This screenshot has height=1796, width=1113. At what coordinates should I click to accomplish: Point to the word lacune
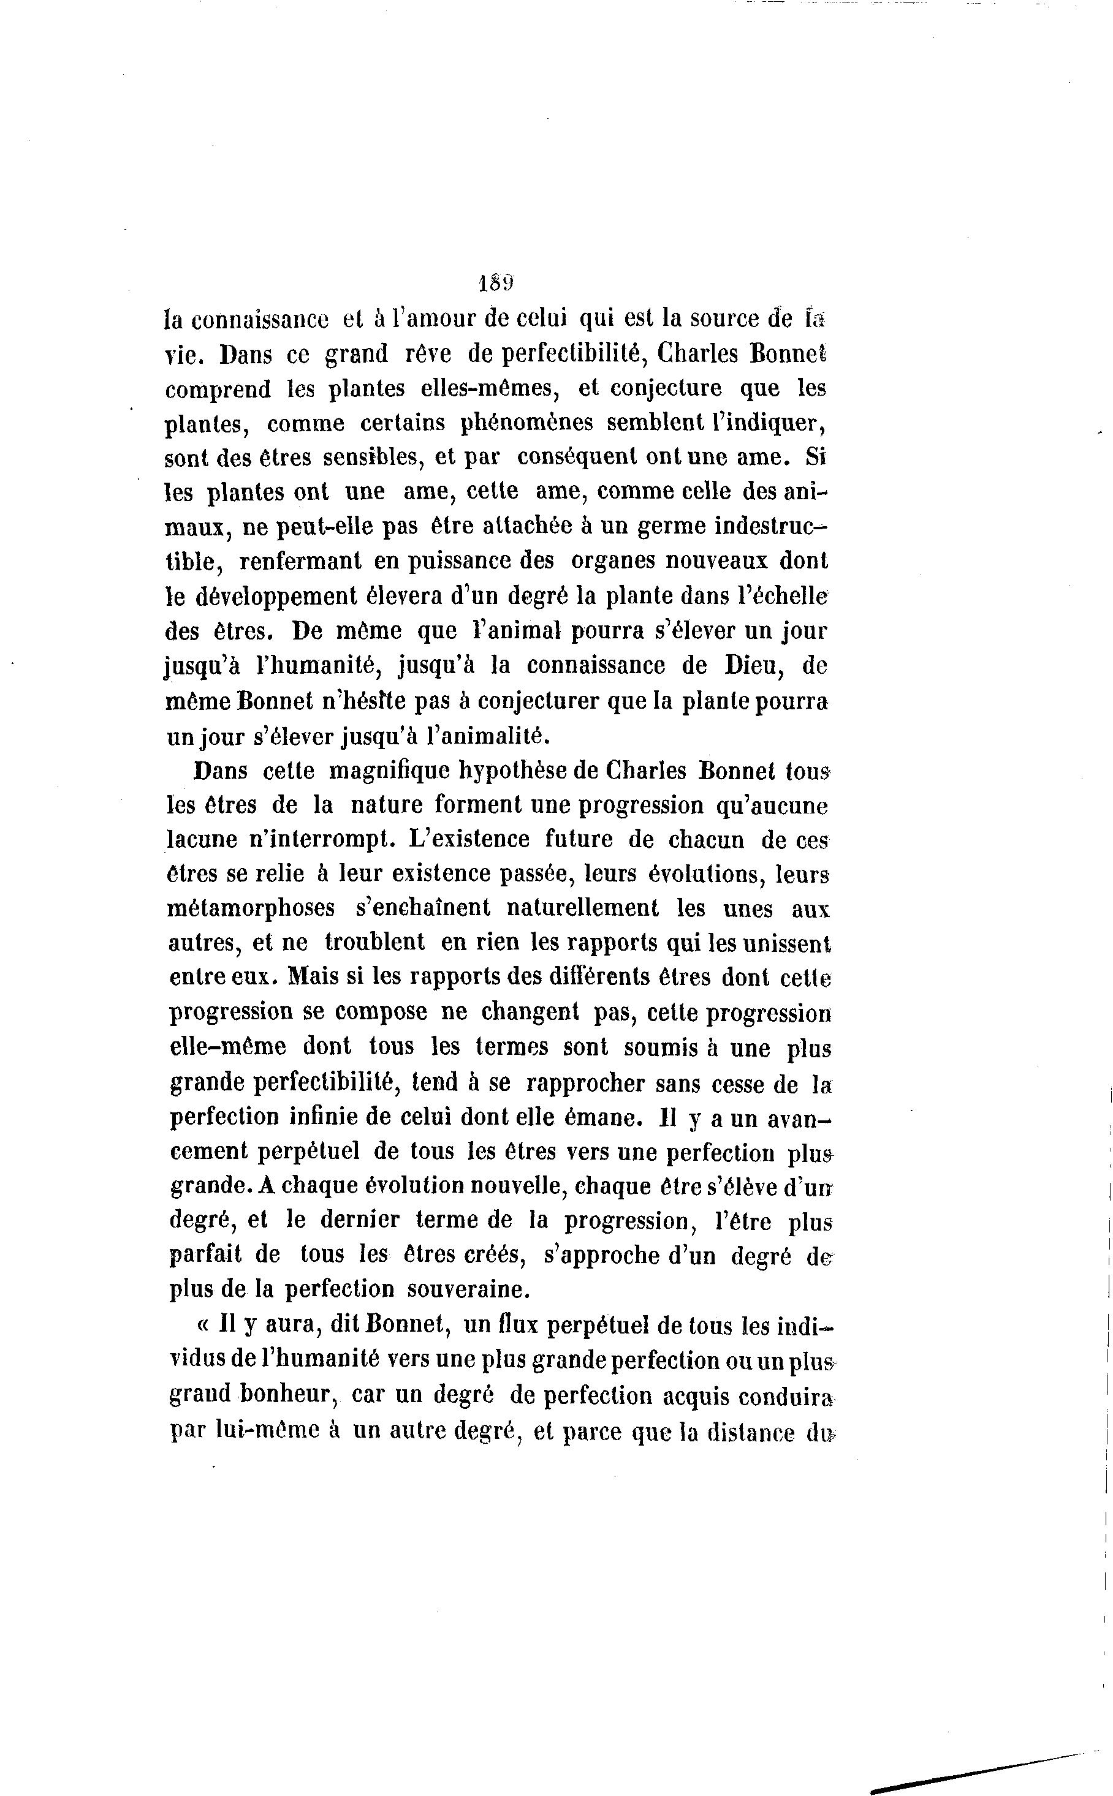coord(202,840)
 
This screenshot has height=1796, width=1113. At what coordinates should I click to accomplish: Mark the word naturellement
coord(582,908)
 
